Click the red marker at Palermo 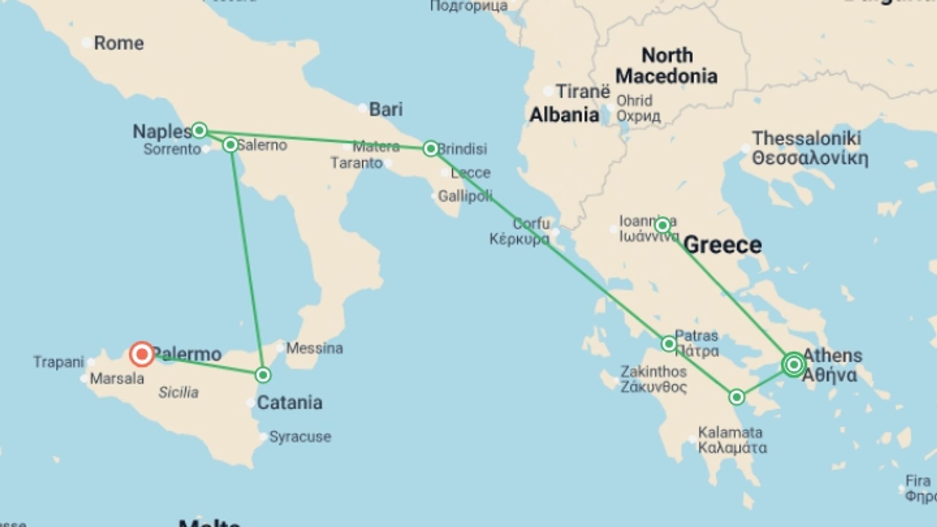click(x=142, y=354)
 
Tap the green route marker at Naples click(x=199, y=130)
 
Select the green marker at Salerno click(x=230, y=145)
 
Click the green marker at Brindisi click(x=430, y=148)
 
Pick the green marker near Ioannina click(x=662, y=225)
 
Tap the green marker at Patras click(x=669, y=344)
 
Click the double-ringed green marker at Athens click(x=794, y=365)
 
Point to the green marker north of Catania click(x=263, y=375)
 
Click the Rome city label click(x=119, y=43)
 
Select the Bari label click(x=386, y=109)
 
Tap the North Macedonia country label click(x=666, y=66)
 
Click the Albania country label click(x=564, y=115)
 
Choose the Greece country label click(x=722, y=245)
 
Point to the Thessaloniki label click(x=807, y=139)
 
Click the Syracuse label click(x=300, y=437)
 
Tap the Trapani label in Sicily click(x=59, y=362)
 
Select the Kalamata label click(x=730, y=433)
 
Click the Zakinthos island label click(x=653, y=372)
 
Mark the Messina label click(x=314, y=348)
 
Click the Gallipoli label click(x=465, y=196)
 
